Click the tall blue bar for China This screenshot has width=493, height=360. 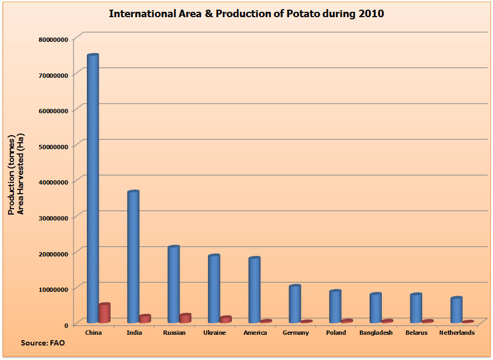click(x=93, y=188)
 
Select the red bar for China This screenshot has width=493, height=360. click(x=104, y=313)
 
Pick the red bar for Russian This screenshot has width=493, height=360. click(x=185, y=318)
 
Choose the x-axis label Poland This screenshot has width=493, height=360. click(x=336, y=333)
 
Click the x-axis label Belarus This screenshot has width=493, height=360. click(x=416, y=333)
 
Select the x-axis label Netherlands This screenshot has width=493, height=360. click(x=457, y=333)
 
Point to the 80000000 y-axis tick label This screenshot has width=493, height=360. click(x=53, y=39)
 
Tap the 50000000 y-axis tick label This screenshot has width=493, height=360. click(x=53, y=146)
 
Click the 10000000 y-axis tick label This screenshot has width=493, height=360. click(x=53, y=289)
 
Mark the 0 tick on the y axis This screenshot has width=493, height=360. click(x=66, y=325)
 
